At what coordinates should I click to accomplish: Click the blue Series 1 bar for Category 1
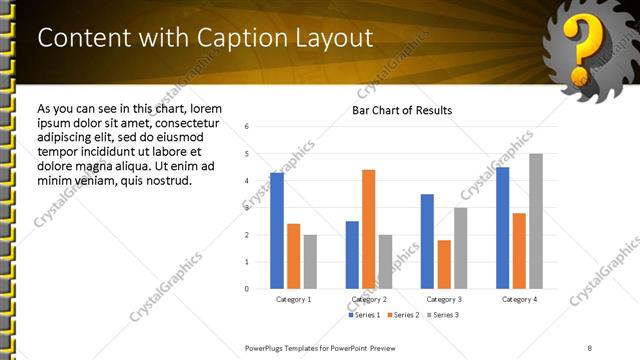click(x=276, y=231)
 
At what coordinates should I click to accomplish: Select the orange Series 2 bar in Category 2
click(x=368, y=229)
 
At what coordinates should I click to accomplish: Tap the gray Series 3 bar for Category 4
click(x=536, y=221)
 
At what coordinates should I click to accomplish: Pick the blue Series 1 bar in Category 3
click(x=427, y=241)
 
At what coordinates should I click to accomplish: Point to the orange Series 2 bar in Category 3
click(x=444, y=264)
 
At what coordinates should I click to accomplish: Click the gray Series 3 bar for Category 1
click(x=310, y=262)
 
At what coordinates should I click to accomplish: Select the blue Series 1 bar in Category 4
click(x=502, y=228)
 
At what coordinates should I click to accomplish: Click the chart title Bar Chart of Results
click(x=402, y=110)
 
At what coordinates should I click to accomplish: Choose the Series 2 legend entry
click(x=404, y=315)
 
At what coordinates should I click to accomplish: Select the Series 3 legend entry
click(x=441, y=315)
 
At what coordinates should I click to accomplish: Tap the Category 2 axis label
click(x=369, y=299)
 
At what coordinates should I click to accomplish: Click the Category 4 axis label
click(x=519, y=299)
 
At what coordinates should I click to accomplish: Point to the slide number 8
click(x=588, y=347)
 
